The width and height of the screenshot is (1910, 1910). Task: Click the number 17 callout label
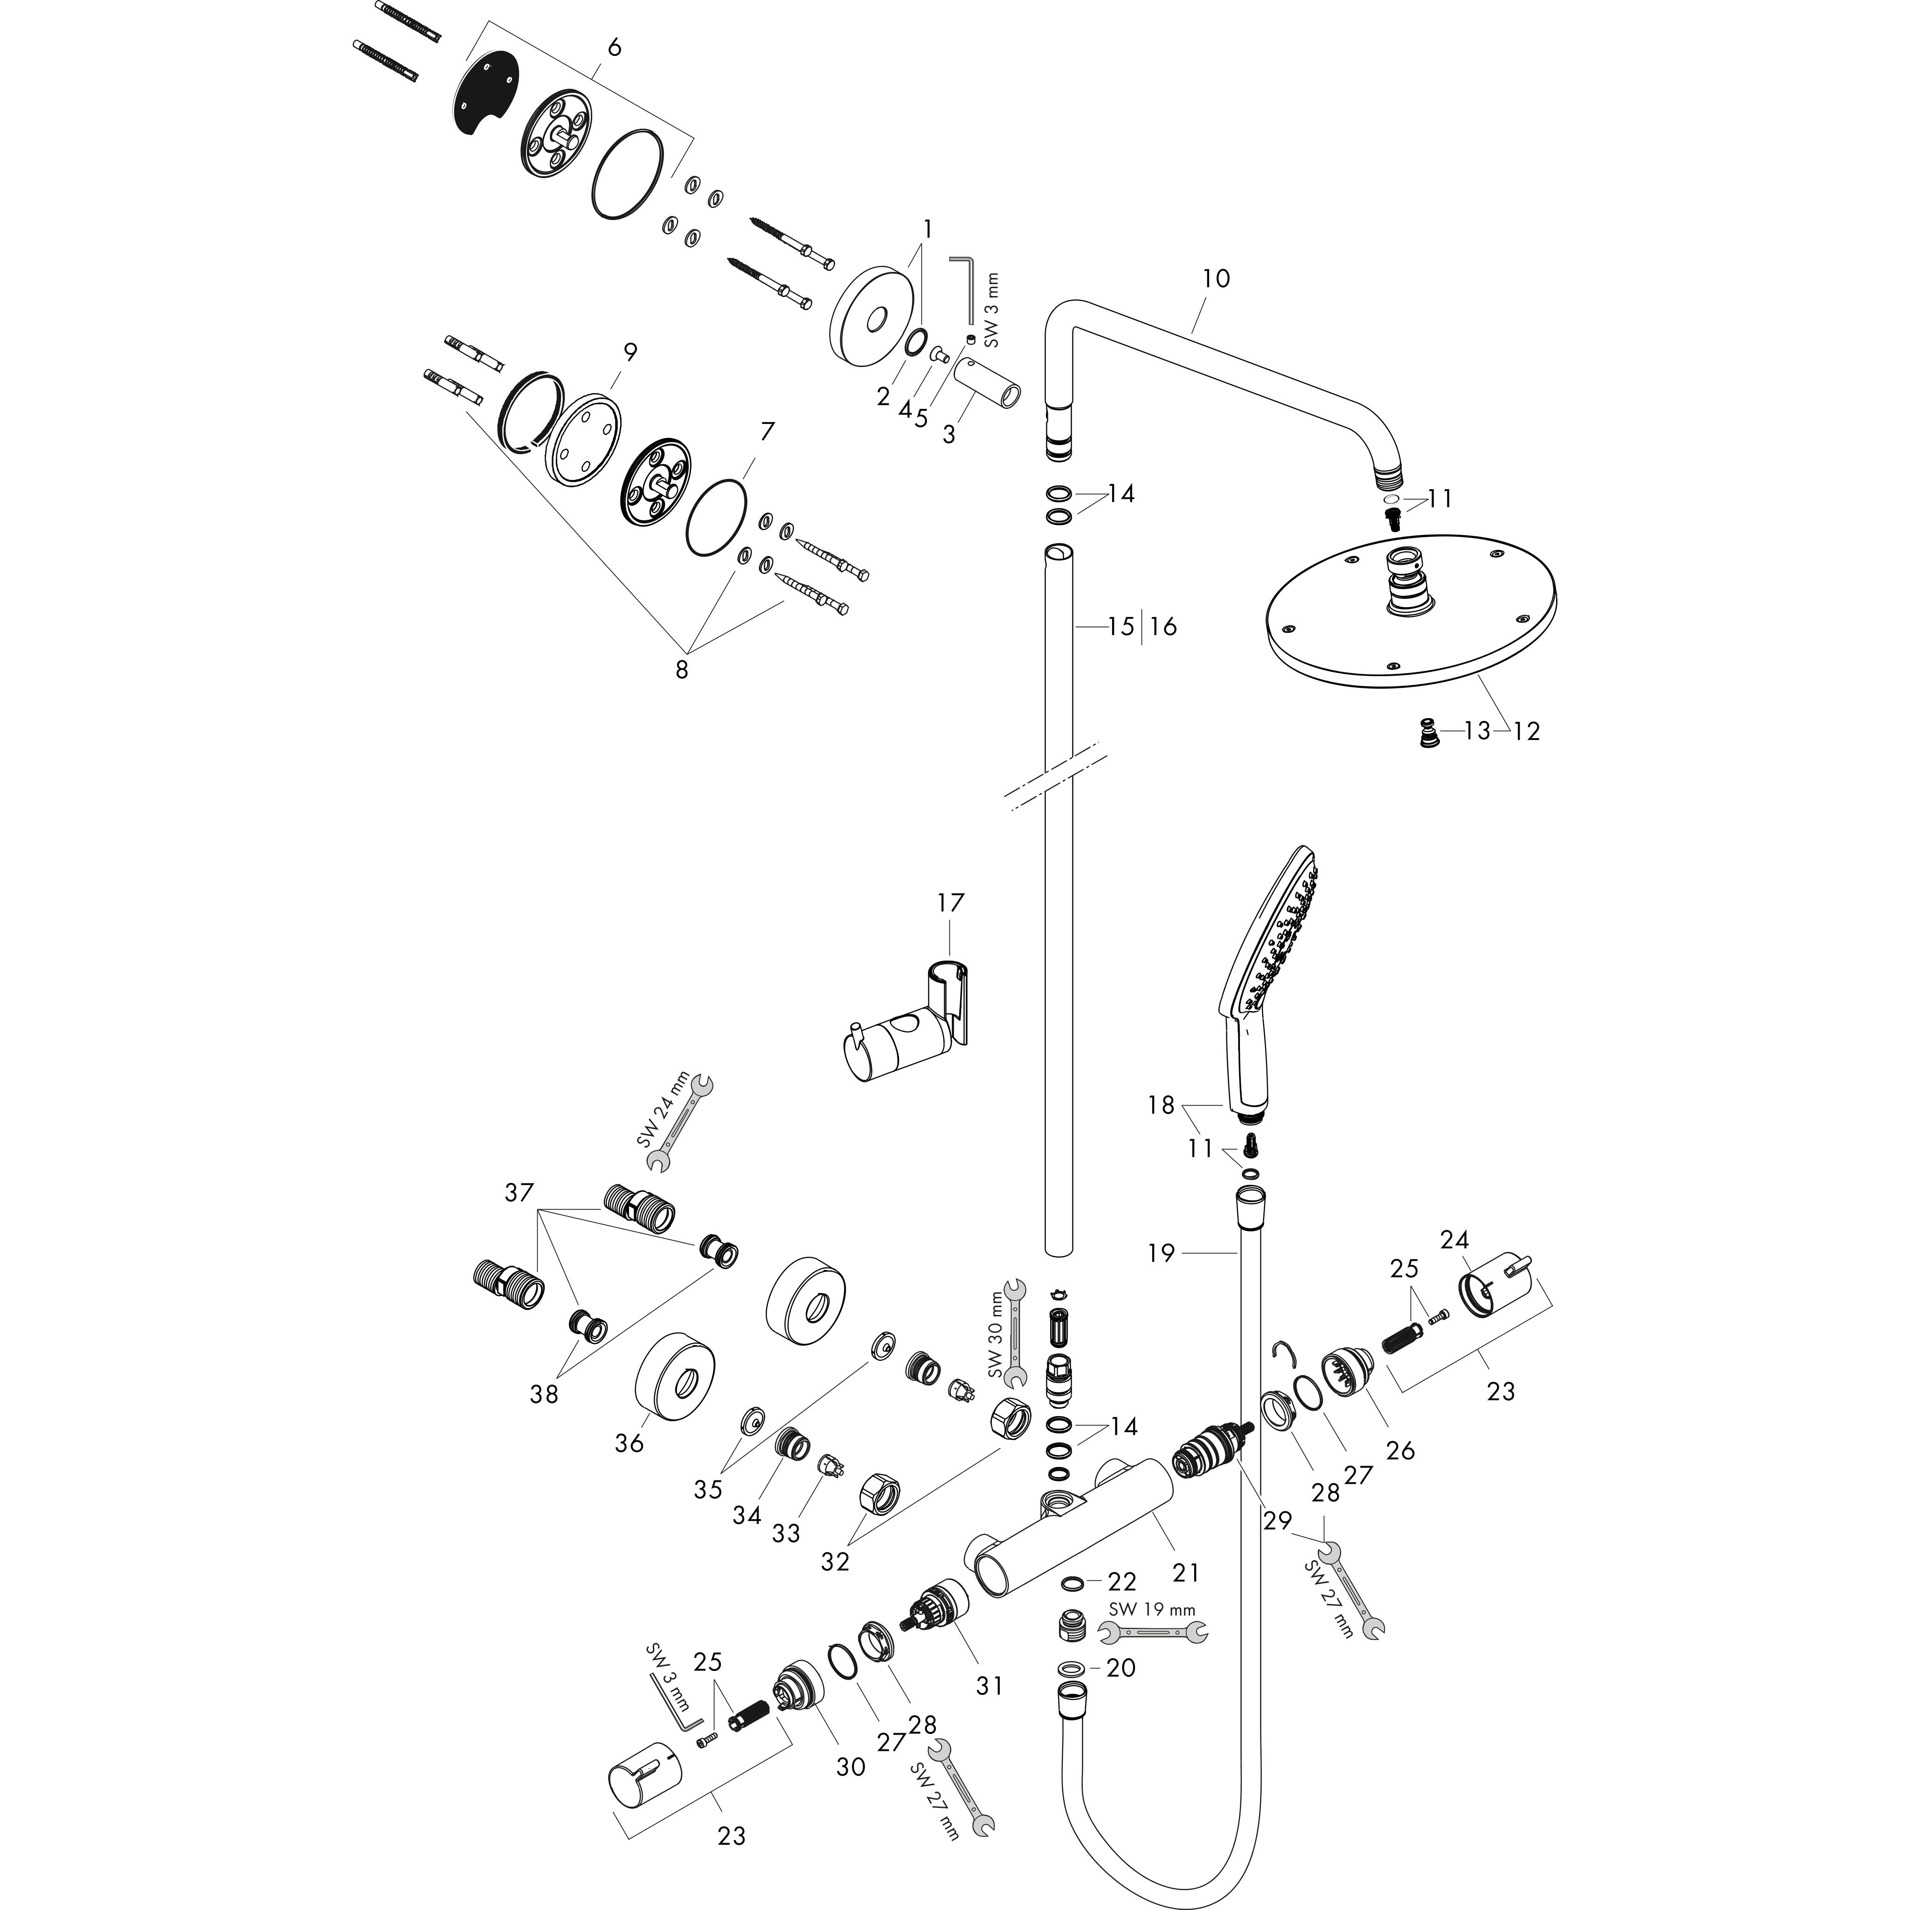coord(950,903)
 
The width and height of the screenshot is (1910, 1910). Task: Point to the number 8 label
coord(681,669)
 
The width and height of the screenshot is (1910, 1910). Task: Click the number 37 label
coord(519,1193)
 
